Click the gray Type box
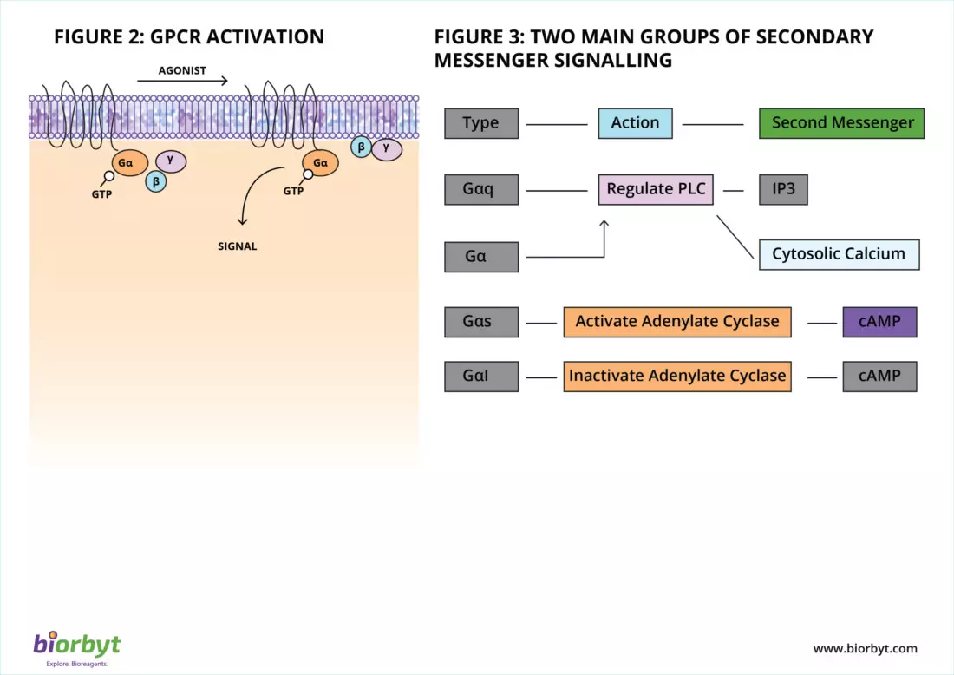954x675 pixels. click(x=481, y=123)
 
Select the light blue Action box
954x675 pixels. click(x=635, y=123)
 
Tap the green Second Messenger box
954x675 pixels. click(x=842, y=123)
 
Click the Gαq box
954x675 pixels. click(x=481, y=189)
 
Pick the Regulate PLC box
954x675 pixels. click(x=656, y=189)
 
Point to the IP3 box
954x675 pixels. click(x=783, y=189)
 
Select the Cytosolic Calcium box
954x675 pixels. click(x=839, y=254)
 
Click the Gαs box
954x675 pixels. click(x=481, y=322)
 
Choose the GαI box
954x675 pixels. click(x=481, y=377)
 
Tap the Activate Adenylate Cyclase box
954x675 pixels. click(x=677, y=322)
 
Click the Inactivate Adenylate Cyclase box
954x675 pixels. click(x=677, y=377)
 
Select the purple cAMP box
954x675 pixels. click(x=879, y=322)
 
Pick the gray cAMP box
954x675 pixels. click(x=879, y=377)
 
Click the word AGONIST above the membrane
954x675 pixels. click(x=182, y=70)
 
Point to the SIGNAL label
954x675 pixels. click(x=237, y=246)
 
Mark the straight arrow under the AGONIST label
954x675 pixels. click(x=182, y=82)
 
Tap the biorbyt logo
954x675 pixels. click(x=77, y=646)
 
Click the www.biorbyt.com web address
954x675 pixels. click(x=865, y=648)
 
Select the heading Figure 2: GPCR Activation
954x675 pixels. click(x=189, y=36)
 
